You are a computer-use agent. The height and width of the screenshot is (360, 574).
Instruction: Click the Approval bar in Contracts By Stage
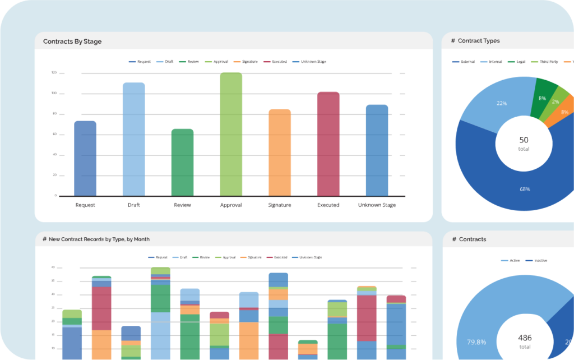click(x=231, y=135)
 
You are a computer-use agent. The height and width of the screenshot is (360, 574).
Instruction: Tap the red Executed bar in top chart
click(x=328, y=144)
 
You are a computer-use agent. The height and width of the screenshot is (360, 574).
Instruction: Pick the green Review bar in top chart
click(x=182, y=162)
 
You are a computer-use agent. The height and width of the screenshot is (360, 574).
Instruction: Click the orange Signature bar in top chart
click(x=280, y=153)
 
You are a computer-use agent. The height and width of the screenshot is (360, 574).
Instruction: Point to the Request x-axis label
click(x=85, y=205)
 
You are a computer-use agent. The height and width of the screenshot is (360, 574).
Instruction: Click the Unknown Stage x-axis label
click(x=377, y=205)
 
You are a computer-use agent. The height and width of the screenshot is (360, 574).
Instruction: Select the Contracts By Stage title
click(x=72, y=41)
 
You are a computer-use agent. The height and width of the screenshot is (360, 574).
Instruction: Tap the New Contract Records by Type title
click(x=96, y=239)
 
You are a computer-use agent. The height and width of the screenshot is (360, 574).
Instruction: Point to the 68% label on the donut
click(x=525, y=189)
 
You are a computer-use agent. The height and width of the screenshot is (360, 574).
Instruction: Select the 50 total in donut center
click(x=524, y=143)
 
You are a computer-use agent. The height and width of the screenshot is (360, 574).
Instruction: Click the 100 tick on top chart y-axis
click(x=54, y=93)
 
